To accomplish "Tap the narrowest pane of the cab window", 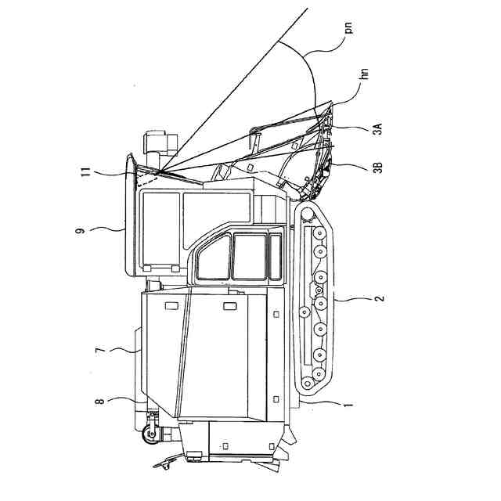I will point(275,256).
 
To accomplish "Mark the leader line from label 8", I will point(125,401).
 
